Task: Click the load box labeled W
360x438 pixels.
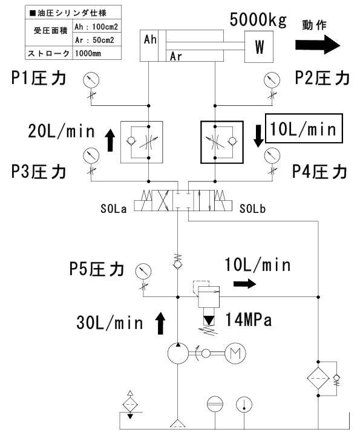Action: click(x=258, y=47)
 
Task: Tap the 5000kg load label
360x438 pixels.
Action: click(x=258, y=20)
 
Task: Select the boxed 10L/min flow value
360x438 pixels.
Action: click(x=304, y=128)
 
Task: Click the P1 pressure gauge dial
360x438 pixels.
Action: click(x=91, y=80)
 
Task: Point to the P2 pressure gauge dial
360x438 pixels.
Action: click(x=272, y=80)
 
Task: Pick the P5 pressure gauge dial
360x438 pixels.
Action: click(x=143, y=271)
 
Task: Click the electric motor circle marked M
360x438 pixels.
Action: click(x=235, y=353)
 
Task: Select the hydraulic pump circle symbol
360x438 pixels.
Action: click(x=178, y=353)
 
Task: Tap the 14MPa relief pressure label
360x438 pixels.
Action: click(x=248, y=319)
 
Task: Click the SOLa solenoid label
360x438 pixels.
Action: click(x=113, y=209)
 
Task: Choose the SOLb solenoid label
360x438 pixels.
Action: click(x=252, y=209)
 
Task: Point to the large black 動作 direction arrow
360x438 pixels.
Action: click(x=318, y=45)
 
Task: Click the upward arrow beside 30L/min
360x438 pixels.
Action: click(x=160, y=323)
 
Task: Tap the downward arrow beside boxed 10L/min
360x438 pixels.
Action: click(x=258, y=136)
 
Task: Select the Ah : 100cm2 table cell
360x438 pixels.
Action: click(x=97, y=27)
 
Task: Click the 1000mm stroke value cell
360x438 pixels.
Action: click(x=97, y=53)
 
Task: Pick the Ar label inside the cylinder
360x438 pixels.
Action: click(x=176, y=56)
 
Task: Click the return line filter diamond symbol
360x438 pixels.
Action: click(x=318, y=379)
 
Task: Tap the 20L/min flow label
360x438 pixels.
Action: click(x=61, y=131)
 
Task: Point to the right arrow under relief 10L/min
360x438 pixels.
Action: click(x=244, y=284)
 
